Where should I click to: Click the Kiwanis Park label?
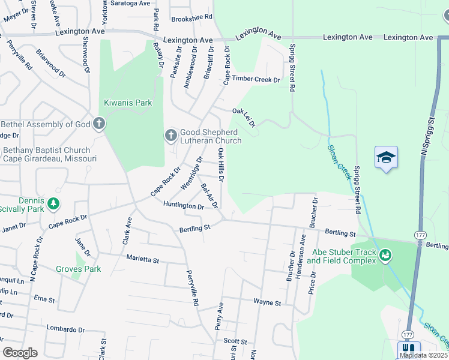point(128,103)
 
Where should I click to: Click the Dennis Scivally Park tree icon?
point(54,204)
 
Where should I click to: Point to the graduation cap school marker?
point(386,157)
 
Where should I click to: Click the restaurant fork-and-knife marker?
point(408,348)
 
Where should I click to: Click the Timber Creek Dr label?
point(256,79)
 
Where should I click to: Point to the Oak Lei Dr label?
point(244,118)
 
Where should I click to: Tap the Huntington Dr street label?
point(184,206)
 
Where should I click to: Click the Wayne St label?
point(267,303)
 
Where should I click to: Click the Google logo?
point(20,353)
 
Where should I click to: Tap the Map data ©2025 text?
point(424,355)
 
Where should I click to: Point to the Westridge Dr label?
point(191,172)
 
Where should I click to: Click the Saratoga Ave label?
point(134,3)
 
